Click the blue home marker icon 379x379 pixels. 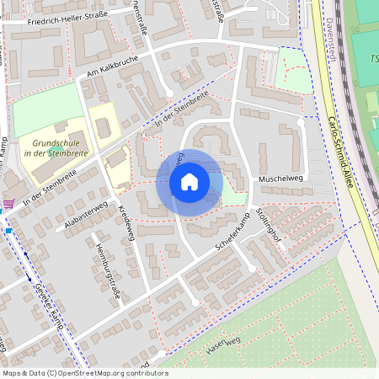click(189, 181)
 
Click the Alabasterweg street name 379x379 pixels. click(86, 216)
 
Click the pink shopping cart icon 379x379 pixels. click(8, 204)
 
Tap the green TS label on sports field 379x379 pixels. click(373, 59)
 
